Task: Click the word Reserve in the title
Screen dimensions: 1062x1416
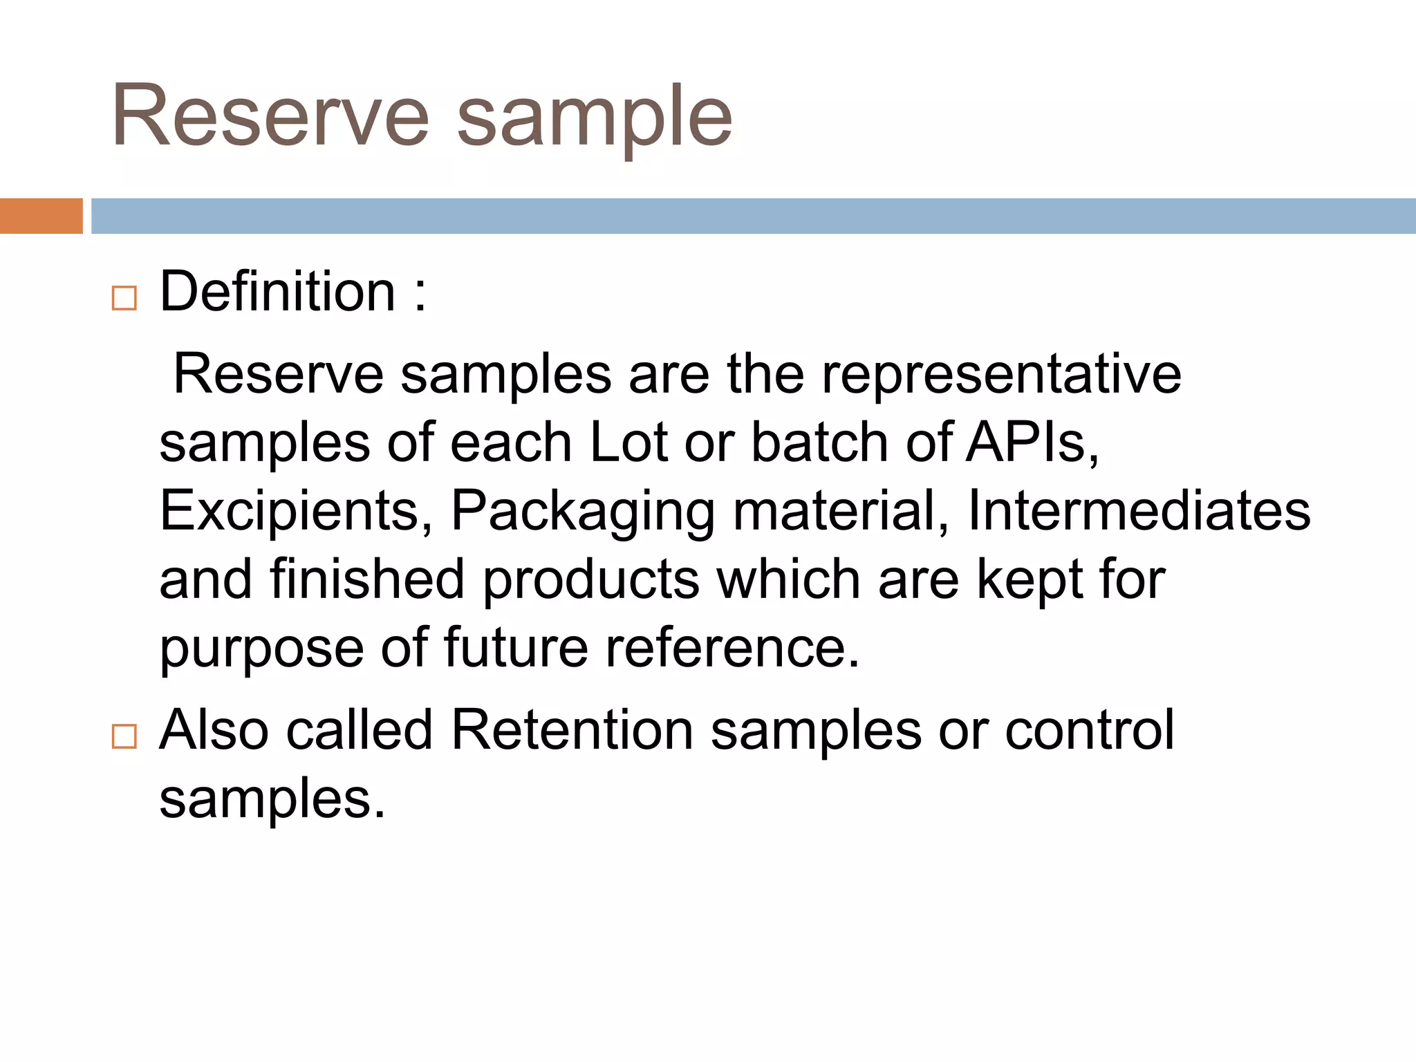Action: click(x=270, y=115)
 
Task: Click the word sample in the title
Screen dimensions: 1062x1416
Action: click(x=595, y=118)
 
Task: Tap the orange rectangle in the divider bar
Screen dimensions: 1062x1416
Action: click(x=41, y=216)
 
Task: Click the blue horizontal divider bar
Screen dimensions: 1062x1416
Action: click(x=753, y=216)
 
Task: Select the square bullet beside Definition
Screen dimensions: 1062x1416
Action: click(x=124, y=299)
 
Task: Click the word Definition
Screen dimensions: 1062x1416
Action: click(x=277, y=292)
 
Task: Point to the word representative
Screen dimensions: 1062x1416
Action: click(x=1001, y=375)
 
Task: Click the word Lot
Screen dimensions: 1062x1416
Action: click(x=628, y=442)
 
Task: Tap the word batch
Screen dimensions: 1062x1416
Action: click(x=819, y=442)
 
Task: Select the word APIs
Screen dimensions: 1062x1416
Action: click(x=1032, y=442)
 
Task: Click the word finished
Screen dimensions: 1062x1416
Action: click(x=366, y=579)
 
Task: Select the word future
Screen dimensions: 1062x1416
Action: click(x=515, y=648)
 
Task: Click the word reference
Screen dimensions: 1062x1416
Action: click(x=733, y=648)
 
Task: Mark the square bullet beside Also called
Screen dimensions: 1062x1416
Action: click(x=124, y=736)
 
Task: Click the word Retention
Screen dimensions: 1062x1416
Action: click(x=572, y=730)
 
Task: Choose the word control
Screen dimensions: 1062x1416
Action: click(x=1089, y=730)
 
